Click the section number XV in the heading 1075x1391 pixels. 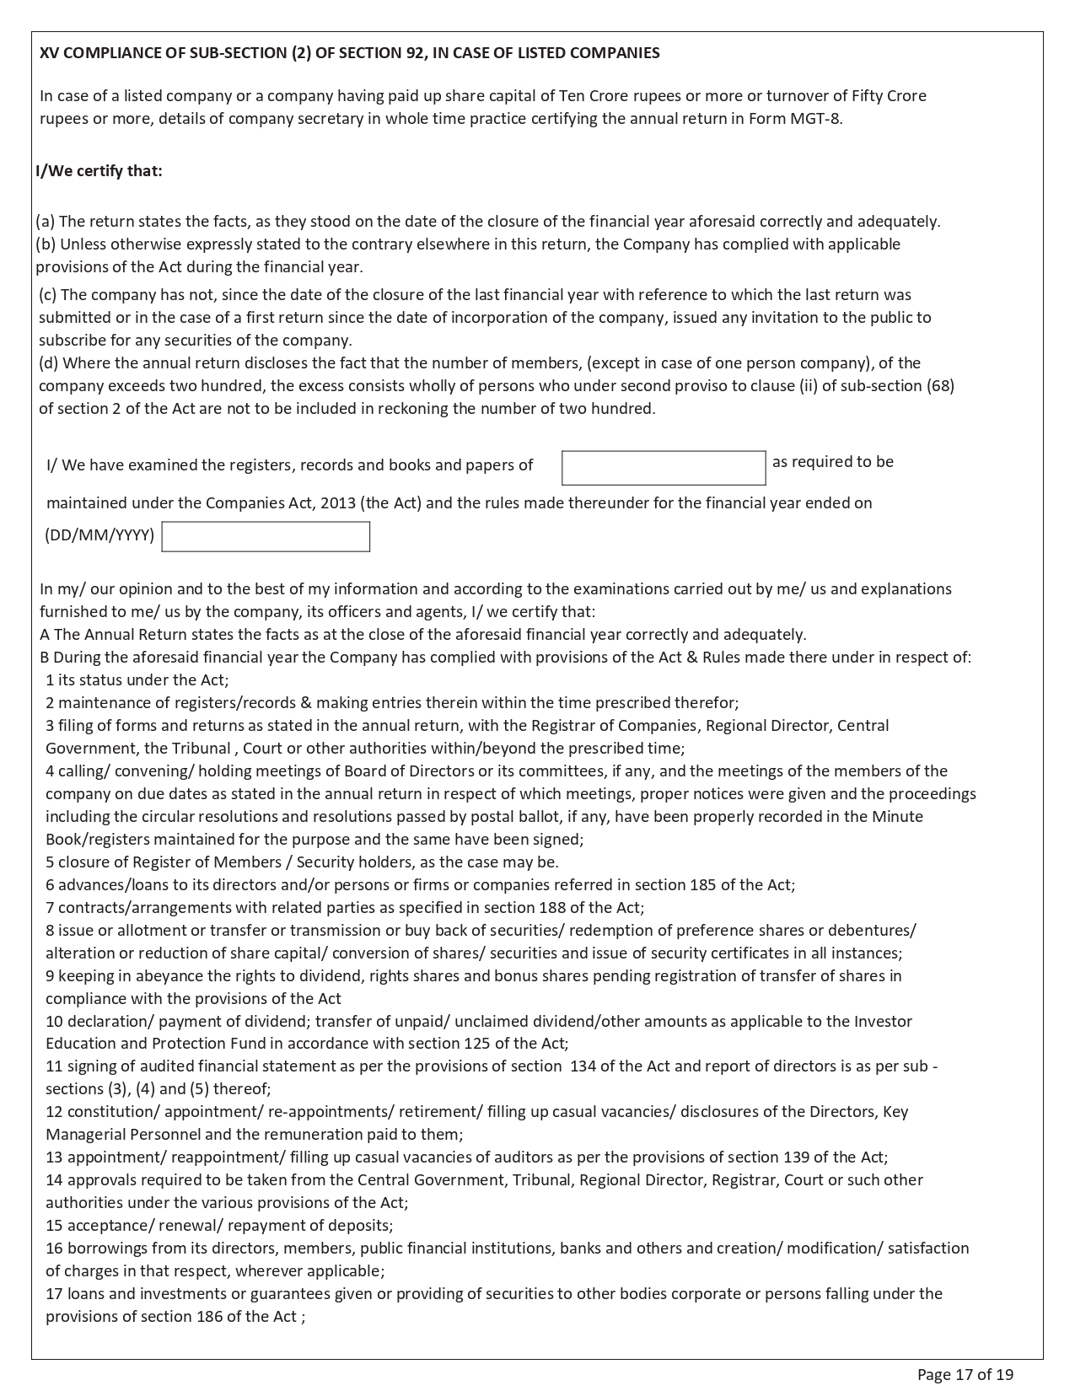(x=49, y=53)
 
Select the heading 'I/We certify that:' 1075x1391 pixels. (x=99, y=171)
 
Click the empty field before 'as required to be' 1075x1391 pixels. (x=664, y=468)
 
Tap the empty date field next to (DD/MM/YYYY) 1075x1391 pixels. (x=266, y=537)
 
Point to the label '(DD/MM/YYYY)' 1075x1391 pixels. (x=99, y=535)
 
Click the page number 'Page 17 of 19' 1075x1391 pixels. (x=965, y=1374)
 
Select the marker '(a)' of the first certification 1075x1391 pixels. (x=45, y=222)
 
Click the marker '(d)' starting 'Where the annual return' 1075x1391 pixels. (x=49, y=363)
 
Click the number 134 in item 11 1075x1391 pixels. (x=583, y=1066)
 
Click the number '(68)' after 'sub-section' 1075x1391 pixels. (x=940, y=386)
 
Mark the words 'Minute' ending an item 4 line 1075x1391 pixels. (x=897, y=817)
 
